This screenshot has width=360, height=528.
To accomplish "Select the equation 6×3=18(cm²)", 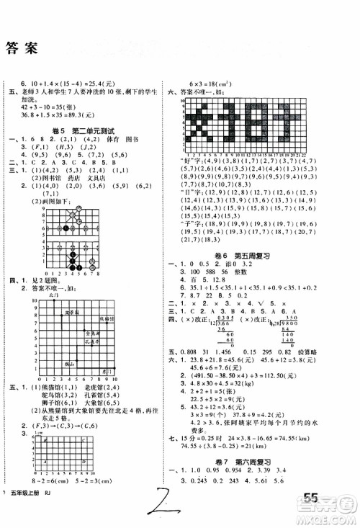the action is (x=215, y=84).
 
